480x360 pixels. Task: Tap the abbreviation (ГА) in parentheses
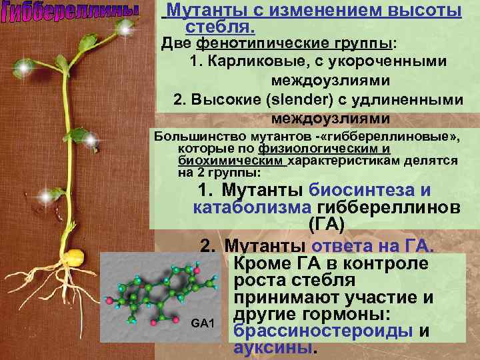click(x=327, y=225)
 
